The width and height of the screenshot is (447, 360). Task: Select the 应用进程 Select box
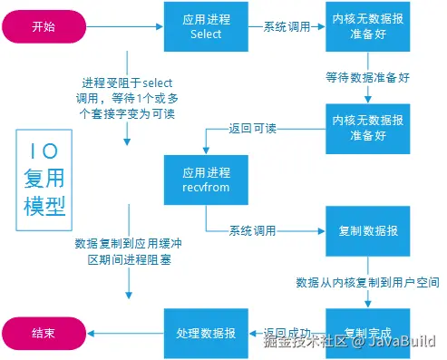pyautogui.click(x=206, y=26)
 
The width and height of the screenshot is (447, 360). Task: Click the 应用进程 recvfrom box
pyautogui.click(x=206, y=181)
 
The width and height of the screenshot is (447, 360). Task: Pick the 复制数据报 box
pyautogui.click(x=368, y=231)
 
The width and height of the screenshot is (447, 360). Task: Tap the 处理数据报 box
pyautogui.click(x=206, y=332)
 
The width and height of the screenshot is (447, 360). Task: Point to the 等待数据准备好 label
pyautogui.click(x=368, y=77)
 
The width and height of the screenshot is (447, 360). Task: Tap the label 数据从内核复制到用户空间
pyautogui.click(x=368, y=283)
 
